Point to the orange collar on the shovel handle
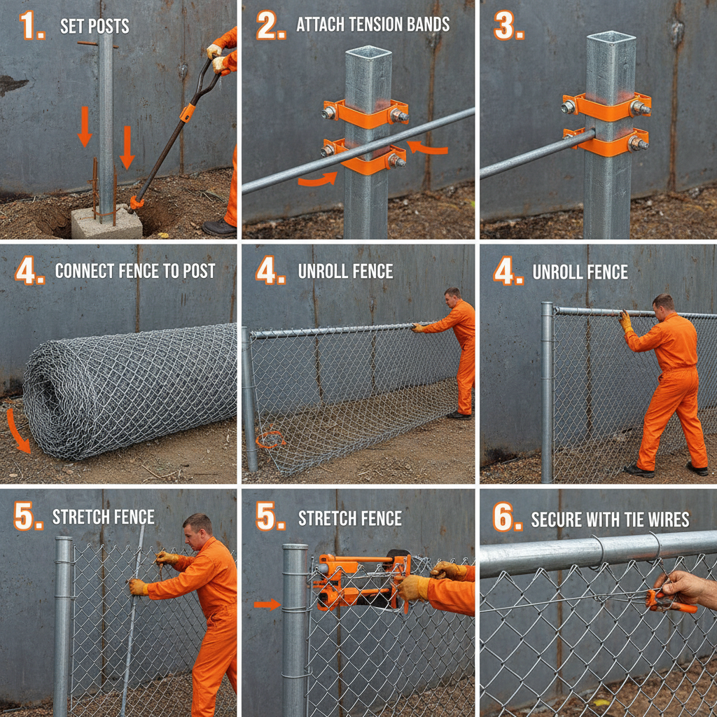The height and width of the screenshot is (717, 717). click(x=188, y=112)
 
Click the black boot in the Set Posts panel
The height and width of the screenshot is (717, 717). click(x=218, y=228)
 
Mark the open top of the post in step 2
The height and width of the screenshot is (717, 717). click(x=368, y=52)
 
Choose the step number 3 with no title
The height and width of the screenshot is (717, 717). click(x=508, y=26)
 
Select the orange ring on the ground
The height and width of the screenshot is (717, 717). click(x=270, y=439)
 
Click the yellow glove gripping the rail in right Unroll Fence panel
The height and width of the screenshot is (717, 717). click(x=625, y=321)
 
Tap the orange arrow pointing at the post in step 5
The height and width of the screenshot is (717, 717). click(x=267, y=604)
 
